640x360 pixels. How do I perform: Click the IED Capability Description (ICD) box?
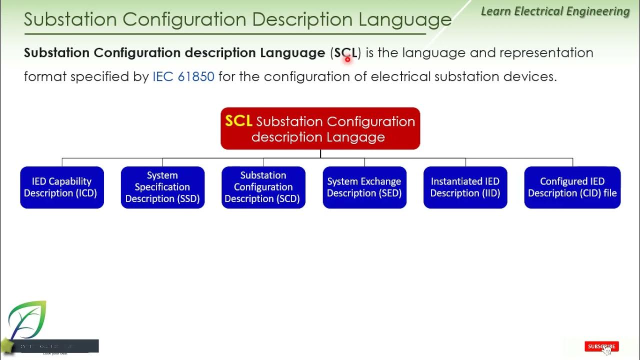tap(62, 187)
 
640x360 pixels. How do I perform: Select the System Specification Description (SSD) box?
tap(162, 187)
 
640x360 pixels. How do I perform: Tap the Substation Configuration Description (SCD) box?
tap(263, 187)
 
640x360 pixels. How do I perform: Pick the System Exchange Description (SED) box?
tap(364, 187)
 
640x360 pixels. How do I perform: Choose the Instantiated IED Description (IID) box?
tap(465, 187)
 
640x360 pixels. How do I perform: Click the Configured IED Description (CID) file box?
tap(572, 187)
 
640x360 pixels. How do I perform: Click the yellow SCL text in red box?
tap(238, 121)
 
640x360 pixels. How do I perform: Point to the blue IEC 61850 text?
tap(183, 76)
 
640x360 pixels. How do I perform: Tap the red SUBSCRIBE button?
tap(601, 346)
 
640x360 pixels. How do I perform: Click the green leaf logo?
tap(27, 320)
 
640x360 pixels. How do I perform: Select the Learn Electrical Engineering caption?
tap(555, 11)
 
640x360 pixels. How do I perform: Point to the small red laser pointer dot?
tap(347, 59)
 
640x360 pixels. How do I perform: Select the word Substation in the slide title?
tap(70, 19)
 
